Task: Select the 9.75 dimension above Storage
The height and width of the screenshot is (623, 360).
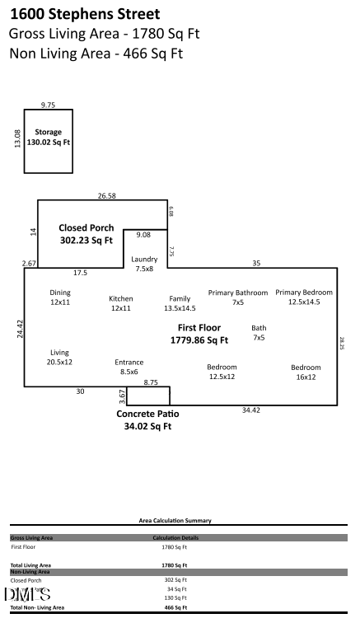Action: click(x=48, y=105)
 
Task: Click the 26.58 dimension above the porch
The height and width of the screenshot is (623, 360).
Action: click(x=106, y=196)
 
